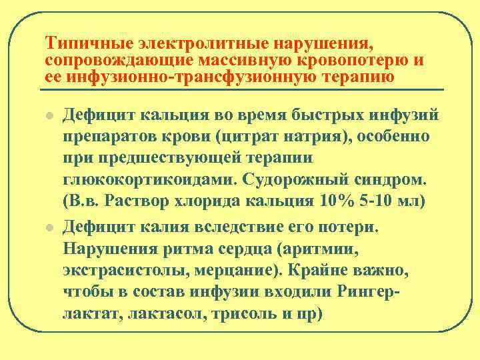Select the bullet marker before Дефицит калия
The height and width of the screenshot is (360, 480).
coord(49,227)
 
